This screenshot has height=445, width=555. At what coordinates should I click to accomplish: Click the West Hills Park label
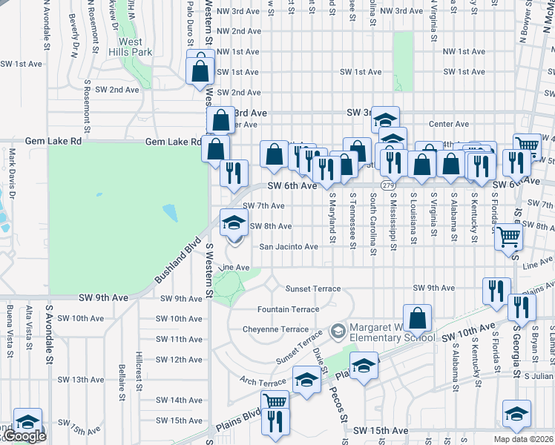pos(130,47)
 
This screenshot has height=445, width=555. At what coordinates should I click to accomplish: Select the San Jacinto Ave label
pos(288,247)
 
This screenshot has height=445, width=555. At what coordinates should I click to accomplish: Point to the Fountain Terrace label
pos(288,309)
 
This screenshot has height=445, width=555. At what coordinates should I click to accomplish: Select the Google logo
pos(24,436)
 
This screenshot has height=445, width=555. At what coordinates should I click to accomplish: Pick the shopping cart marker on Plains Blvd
pos(275,401)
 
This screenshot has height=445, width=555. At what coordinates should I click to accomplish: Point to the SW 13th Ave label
pos(79,379)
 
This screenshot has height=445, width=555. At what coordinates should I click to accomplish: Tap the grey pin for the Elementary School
pos(338,329)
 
